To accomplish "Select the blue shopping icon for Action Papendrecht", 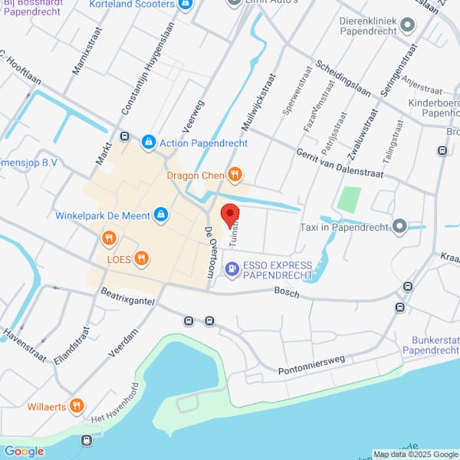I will [148, 142].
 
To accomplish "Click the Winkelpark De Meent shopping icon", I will [161, 215].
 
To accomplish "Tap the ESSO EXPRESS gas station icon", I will [232, 269].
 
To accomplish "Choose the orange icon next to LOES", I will [140, 258].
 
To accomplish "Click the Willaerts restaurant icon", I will [76, 406].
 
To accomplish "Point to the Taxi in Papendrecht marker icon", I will [399, 226].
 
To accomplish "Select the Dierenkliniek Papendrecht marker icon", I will [408, 26].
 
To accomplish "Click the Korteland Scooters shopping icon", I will [185, 5].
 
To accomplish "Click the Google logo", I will [24, 451].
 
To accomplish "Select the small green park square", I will [349, 200].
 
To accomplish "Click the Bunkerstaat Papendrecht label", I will [430, 344].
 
